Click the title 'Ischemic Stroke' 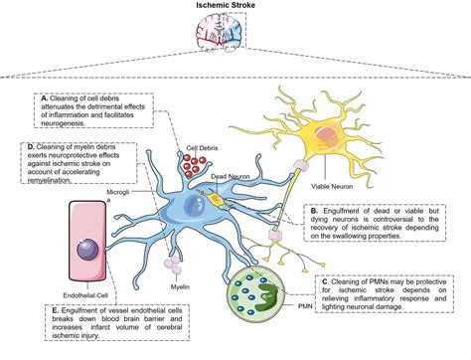coord(235,8)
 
